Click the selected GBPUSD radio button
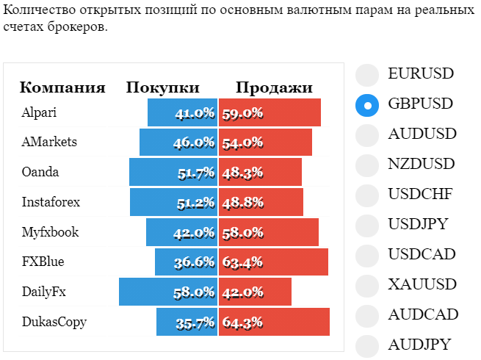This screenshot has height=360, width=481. click(367, 105)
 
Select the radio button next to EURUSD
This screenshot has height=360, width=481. click(367, 75)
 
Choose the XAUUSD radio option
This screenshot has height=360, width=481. click(367, 286)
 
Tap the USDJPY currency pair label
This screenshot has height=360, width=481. click(418, 224)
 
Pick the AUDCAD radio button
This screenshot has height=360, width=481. click(367, 316)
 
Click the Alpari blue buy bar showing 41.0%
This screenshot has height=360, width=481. click(183, 112)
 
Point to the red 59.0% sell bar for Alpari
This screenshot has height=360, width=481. click(270, 112)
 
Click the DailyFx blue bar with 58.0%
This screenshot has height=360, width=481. click(168, 292)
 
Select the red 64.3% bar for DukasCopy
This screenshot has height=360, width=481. click(274, 322)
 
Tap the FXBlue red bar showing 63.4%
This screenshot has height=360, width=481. click(273, 262)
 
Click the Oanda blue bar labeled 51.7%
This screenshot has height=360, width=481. click(173, 172)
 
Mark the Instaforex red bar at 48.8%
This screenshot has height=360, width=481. click(261, 202)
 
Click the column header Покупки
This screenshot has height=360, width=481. click(162, 87)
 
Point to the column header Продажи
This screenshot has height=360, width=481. click(274, 87)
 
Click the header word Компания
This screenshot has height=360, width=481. click(62, 87)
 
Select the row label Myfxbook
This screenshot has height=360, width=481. click(51, 232)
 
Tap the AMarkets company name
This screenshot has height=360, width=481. click(49, 142)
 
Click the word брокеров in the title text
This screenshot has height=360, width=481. click(77, 26)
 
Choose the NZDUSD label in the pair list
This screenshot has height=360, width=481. click(422, 164)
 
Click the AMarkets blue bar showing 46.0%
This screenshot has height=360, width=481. click(178, 142)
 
